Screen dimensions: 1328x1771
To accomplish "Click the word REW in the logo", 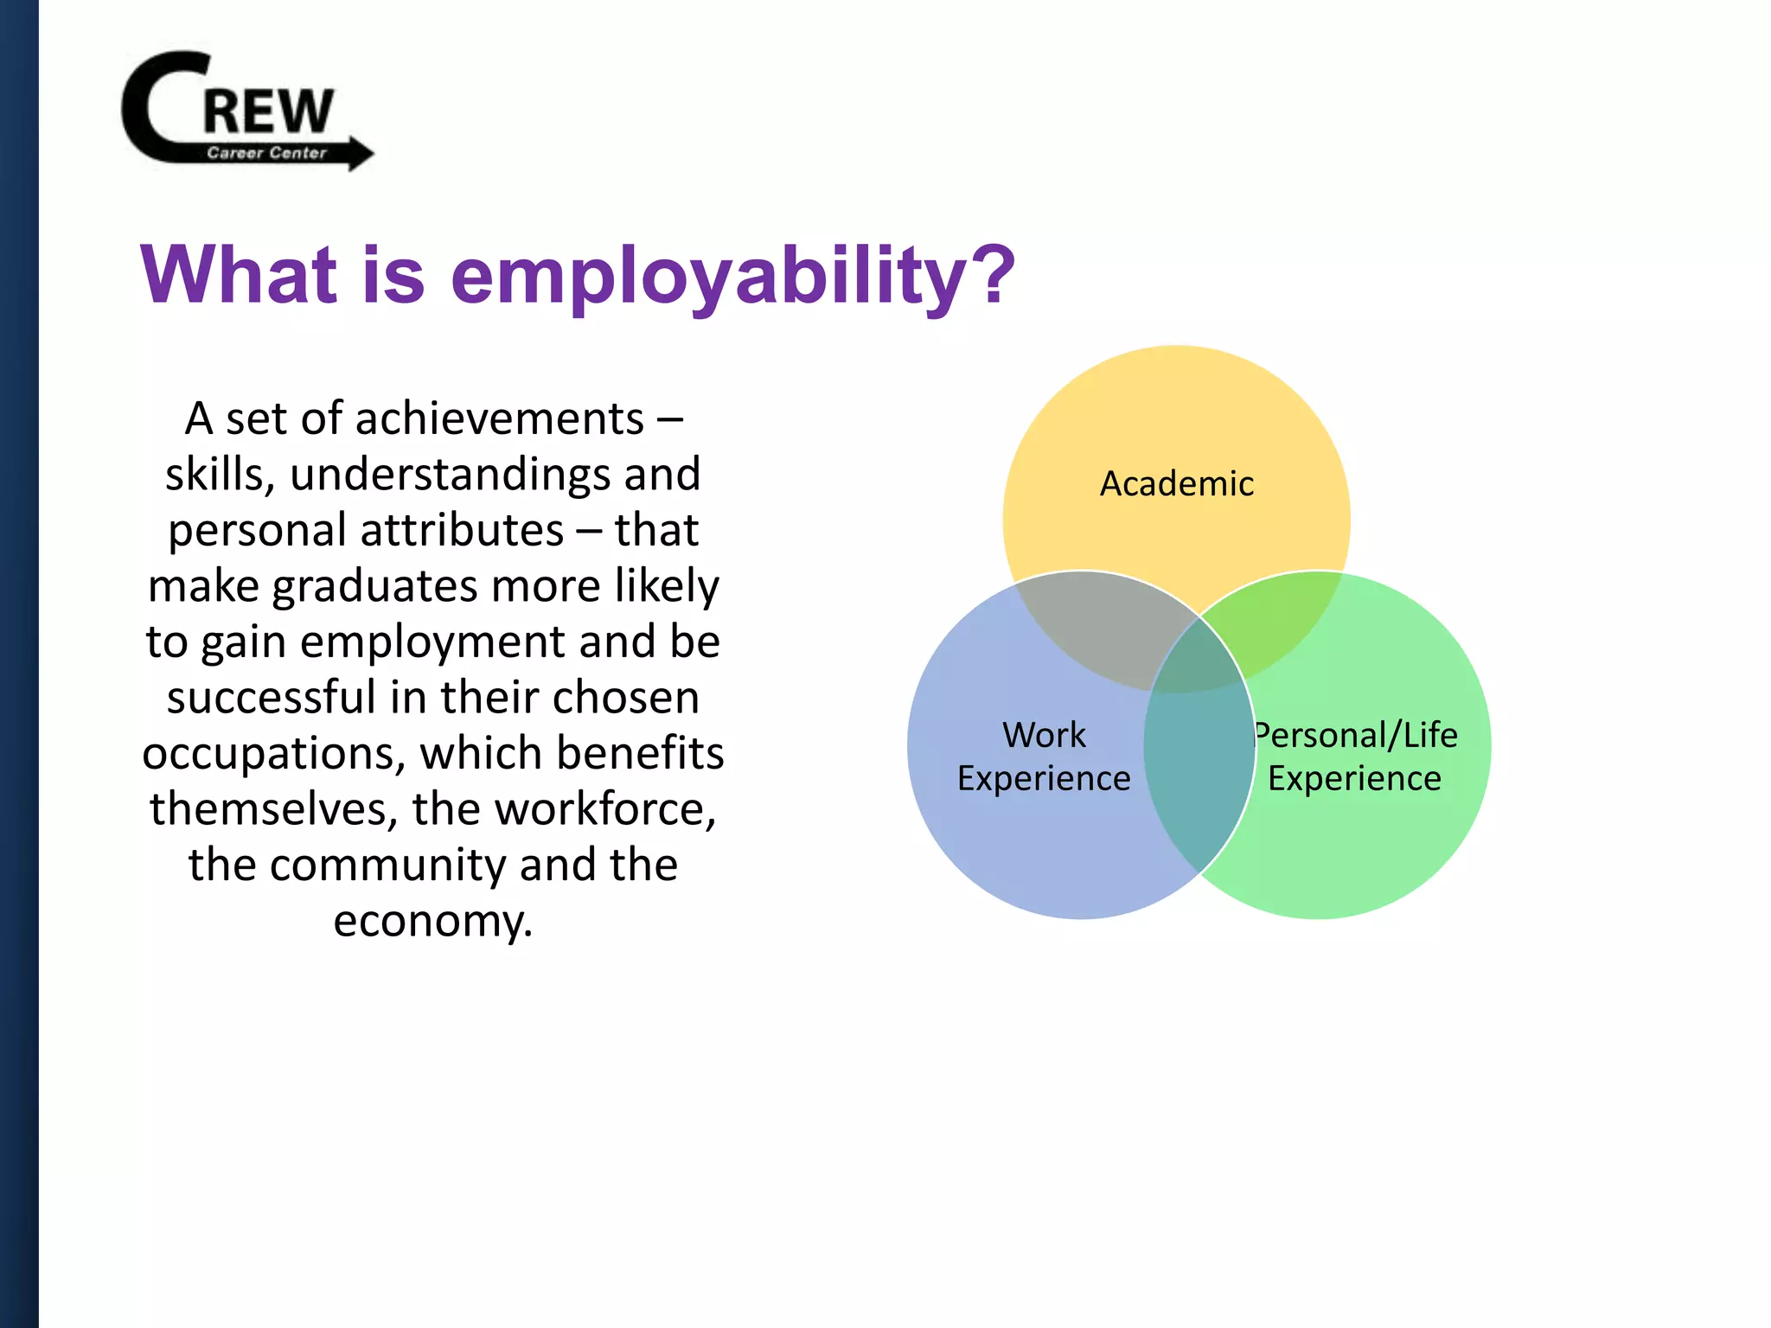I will pos(268,111).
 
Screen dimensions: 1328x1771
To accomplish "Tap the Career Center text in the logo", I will pos(266,153).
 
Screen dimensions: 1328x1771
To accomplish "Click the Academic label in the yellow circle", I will pos(1176,484).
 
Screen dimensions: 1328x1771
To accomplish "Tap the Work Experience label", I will pos(1044,757).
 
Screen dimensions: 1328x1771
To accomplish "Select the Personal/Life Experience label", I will pos(1355,757).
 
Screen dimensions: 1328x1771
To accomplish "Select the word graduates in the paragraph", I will pos(375,586).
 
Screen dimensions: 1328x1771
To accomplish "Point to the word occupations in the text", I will pos(273,754).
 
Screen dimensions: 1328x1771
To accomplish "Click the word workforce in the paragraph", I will pos(605,809).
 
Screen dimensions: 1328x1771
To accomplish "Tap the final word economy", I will pos(432,922).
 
